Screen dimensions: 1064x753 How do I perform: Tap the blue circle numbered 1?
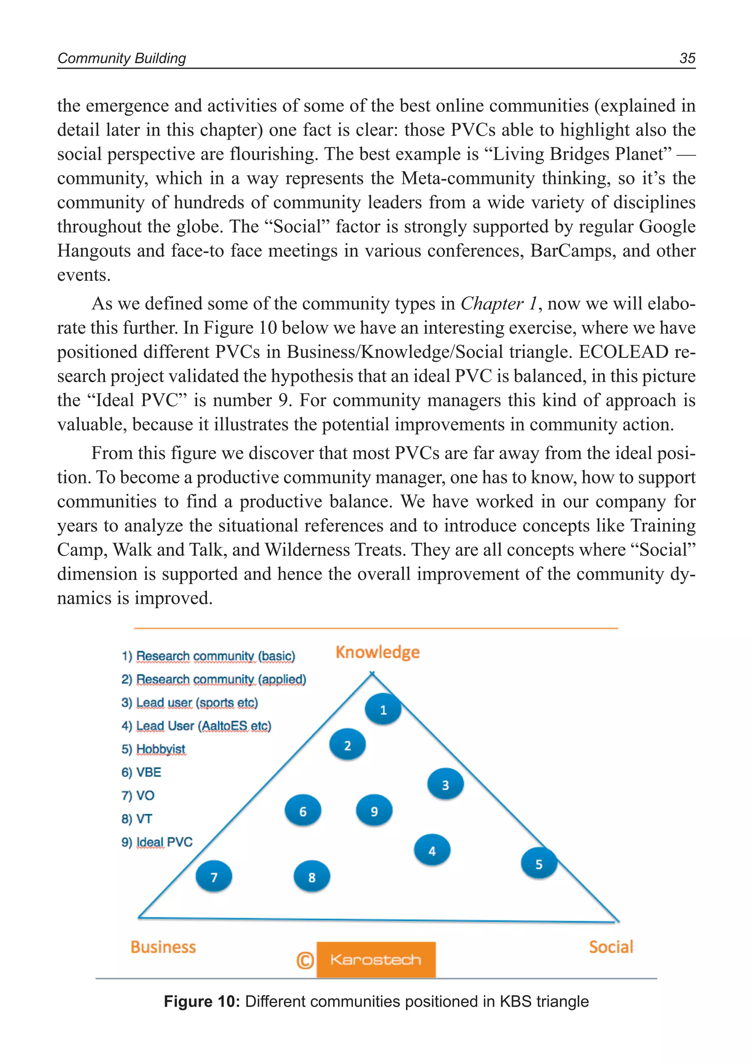[383, 709]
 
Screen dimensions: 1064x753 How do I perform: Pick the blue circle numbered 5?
[539, 863]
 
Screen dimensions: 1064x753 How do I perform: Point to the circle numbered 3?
[445, 784]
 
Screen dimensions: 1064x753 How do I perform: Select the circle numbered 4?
[432, 850]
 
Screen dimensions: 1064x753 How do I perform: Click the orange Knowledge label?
[378, 652]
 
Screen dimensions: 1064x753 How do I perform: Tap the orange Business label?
[163, 947]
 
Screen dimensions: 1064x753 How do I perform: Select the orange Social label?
[611, 947]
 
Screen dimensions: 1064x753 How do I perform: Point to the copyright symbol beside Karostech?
[305, 960]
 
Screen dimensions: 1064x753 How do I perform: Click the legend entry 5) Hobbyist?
[153, 749]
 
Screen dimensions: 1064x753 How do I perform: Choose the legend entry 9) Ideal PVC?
[157, 842]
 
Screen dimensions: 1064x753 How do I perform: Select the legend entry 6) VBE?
[142, 772]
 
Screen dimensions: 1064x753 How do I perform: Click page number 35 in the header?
[687, 58]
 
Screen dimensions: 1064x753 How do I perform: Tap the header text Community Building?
[121, 58]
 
